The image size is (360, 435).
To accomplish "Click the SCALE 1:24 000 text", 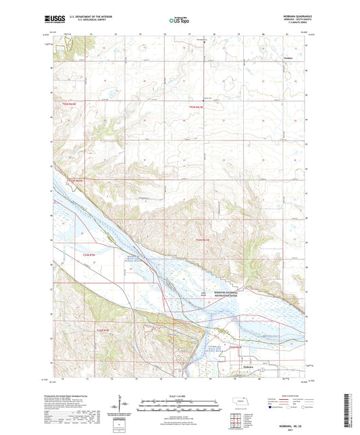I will pyautogui.click(x=179, y=395).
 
